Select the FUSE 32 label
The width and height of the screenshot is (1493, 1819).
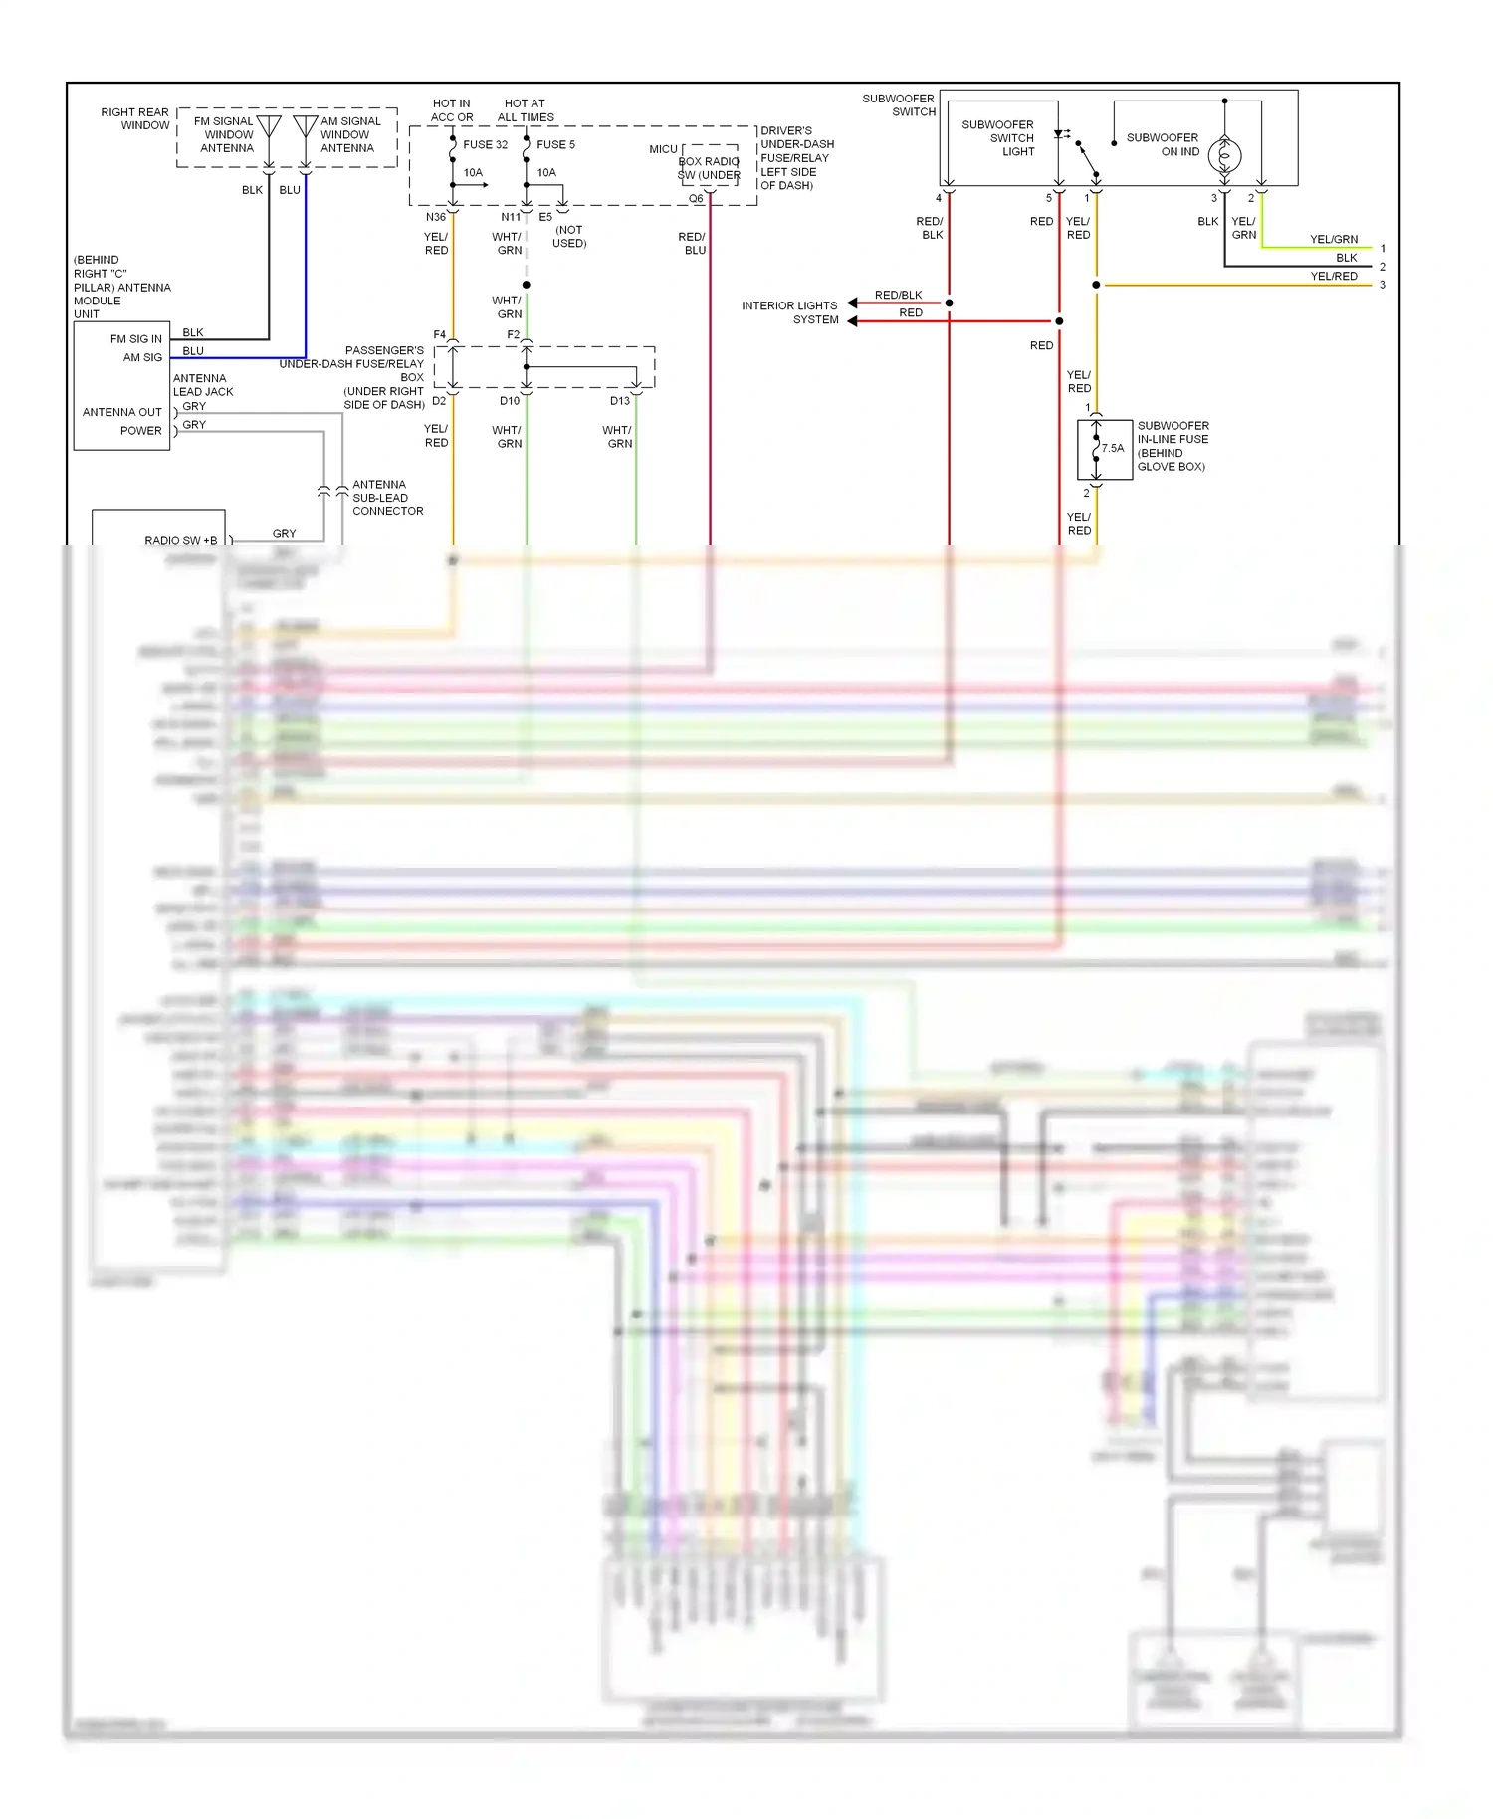(485, 145)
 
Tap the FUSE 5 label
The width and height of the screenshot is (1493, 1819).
(555, 145)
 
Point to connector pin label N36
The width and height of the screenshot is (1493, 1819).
(436, 217)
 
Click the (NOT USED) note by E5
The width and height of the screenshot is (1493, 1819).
(569, 237)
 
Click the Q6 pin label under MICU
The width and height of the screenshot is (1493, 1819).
(696, 199)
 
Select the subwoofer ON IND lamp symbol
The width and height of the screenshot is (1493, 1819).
(1224, 155)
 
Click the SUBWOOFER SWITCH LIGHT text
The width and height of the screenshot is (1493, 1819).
(998, 138)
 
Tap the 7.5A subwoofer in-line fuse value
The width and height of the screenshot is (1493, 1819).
(1112, 449)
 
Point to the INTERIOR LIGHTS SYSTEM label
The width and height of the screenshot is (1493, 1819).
(790, 312)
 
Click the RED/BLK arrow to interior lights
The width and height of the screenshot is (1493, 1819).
(853, 303)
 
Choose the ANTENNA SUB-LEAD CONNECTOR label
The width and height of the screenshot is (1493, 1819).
(387, 498)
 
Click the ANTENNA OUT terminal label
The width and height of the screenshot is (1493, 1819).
(121, 412)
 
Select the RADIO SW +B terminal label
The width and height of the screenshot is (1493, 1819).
(180, 541)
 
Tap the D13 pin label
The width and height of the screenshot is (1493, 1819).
(619, 401)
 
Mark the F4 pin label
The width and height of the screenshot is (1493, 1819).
(440, 335)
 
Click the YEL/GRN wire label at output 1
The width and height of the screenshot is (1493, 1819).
(1334, 240)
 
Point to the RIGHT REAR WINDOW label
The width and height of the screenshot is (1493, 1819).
(134, 119)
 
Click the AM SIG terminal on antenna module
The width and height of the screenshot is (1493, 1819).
(142, 357)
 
